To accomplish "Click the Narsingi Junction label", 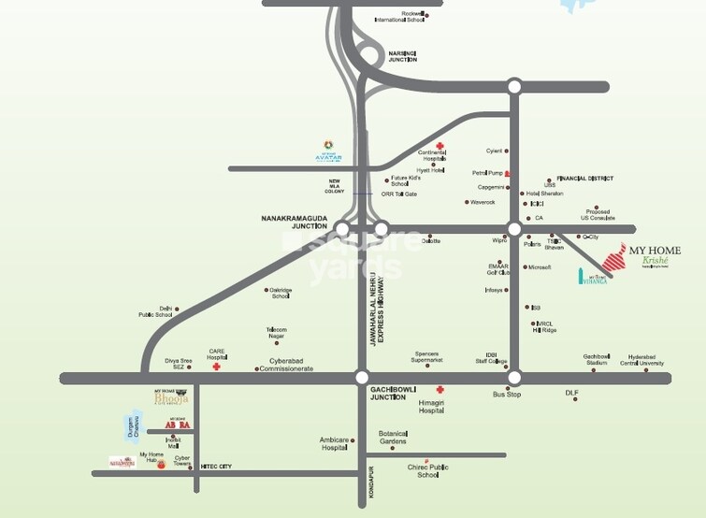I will [x=402, y=56].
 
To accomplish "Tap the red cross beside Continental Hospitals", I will [x=439, y=147].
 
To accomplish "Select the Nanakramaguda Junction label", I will [x=295, y=222].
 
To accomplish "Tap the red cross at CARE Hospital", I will [x=217, y=367].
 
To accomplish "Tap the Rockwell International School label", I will [x=399, y=17].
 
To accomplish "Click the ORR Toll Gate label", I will [x=400, y=194].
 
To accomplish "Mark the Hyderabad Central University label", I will [x=646, y=360].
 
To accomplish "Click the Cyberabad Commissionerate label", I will [x=291, y=365].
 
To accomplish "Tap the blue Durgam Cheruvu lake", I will [x=132, y=428].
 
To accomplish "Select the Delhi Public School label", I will [x=156, y=311].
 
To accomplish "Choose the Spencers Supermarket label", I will [x=425, y=357].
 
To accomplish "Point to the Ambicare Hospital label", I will [x=334, y=444].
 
